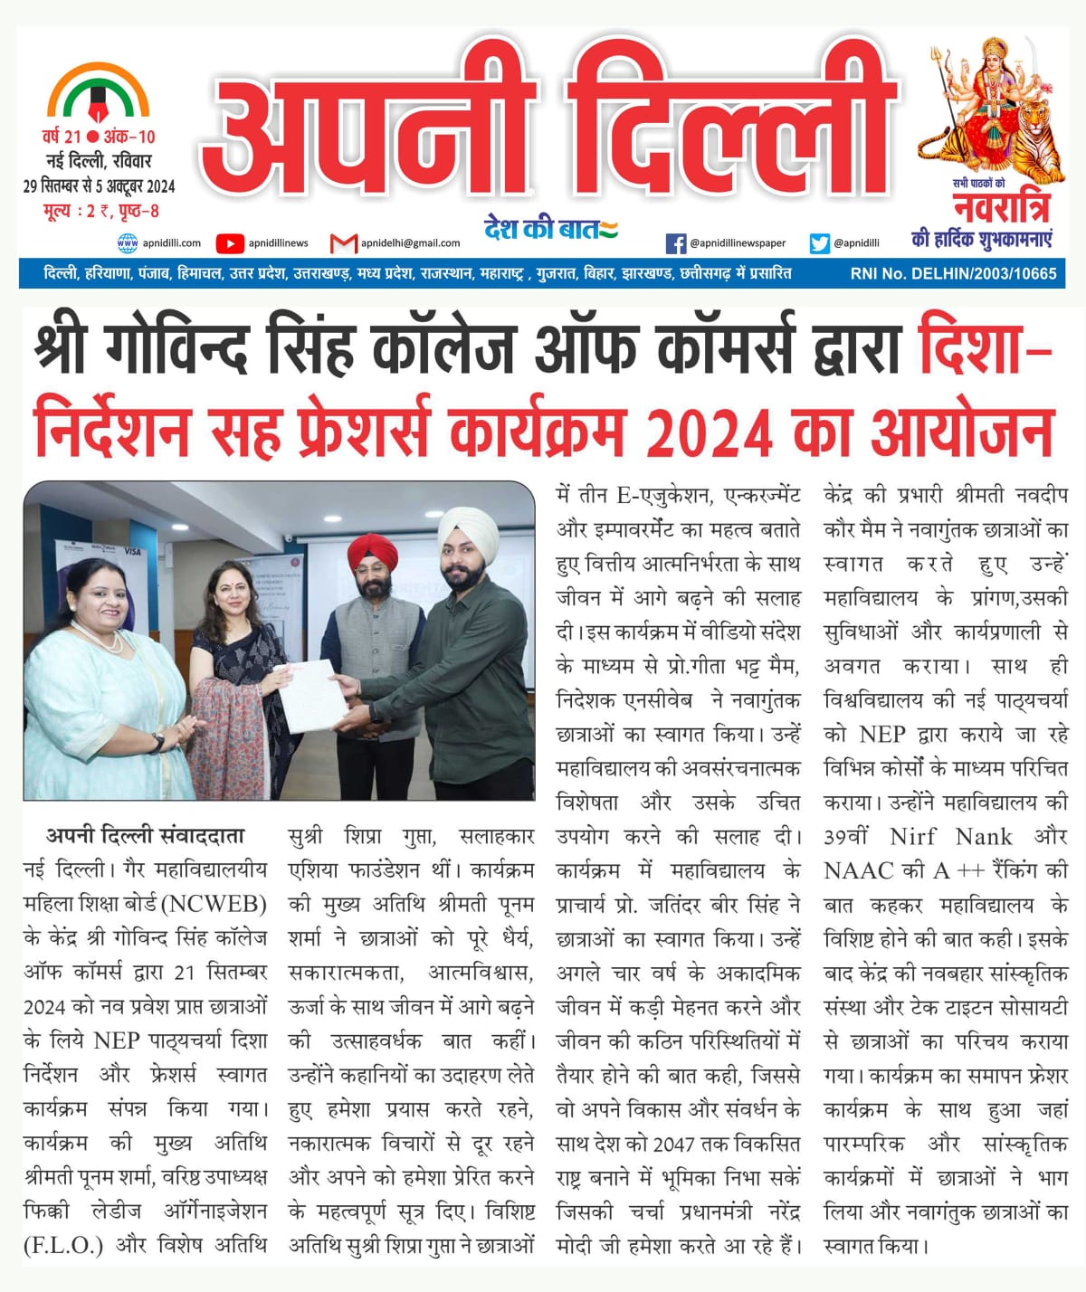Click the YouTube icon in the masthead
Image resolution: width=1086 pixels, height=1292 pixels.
click(x=230, y=242)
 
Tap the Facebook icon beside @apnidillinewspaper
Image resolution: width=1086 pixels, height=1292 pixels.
click(x=675, y=242)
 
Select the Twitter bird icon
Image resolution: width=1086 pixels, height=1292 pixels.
click(x=820, y=242)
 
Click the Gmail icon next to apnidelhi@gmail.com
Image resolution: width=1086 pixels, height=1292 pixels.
click(x=343, y=242)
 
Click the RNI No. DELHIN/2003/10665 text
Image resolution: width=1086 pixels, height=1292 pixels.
click(x=953, y=272)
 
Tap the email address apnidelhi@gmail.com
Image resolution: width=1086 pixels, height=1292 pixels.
click(x=410, y=242)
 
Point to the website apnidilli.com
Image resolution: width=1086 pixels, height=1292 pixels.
click(x=172, y=242)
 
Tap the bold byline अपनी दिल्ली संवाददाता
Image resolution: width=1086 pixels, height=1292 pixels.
click(x=145, y=835)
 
